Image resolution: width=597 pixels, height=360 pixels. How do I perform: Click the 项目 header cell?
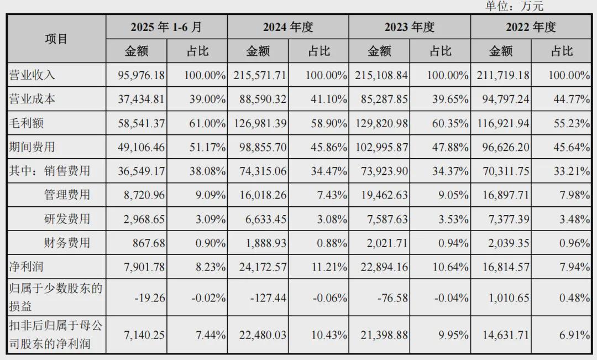[x=56, y=39]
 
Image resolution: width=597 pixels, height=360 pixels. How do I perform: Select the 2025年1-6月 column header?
[x=166, y=27]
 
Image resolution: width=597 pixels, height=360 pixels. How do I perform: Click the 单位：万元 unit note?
[x=514, y=6]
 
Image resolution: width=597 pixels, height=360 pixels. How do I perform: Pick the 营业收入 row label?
[x=32, y=75]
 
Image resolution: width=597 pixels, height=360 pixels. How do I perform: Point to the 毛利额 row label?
[x=27, y=123]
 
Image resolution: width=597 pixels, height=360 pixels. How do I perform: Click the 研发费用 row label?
[x=67, y=218]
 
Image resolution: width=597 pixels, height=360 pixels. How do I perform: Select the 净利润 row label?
[x=27, y=267]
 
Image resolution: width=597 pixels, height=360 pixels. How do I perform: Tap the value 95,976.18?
[x=141, y=75]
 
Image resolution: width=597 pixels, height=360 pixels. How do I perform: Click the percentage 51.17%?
[x=205, y=147]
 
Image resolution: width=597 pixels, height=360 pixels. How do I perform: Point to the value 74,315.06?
[x=263, y=171]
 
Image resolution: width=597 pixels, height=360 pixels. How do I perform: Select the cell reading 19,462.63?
[x=384, y=195]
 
